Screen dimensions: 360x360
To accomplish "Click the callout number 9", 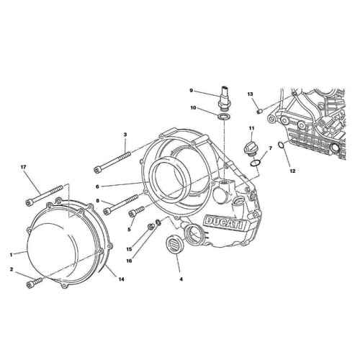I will [x=192, y=91].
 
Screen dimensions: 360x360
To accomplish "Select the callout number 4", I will [x=181, y=278].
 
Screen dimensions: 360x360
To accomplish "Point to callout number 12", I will [x=292, y=171].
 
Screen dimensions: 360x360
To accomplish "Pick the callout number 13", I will [x=251, y=94].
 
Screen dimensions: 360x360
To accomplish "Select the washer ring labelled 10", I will [x=224, y=115].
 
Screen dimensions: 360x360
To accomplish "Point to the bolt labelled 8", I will [x=122, y=205].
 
